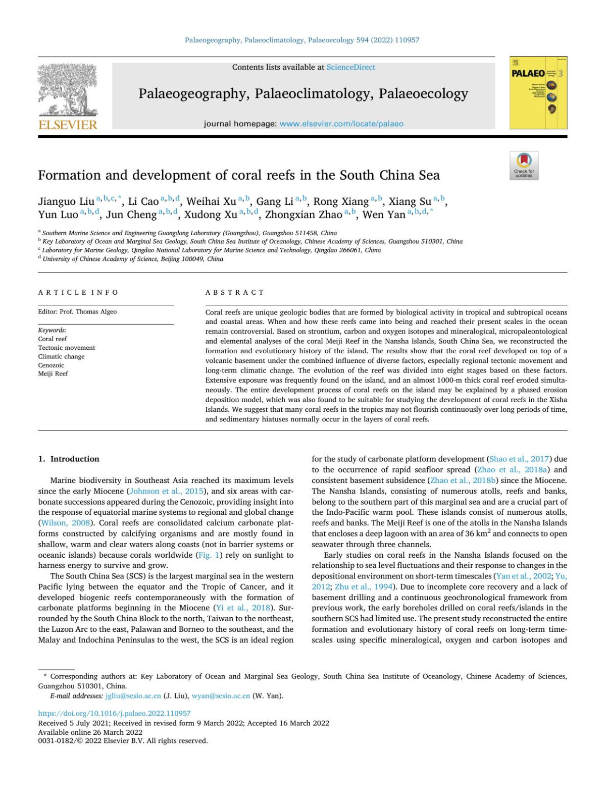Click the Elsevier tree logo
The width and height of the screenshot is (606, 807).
click(x=68, y=96)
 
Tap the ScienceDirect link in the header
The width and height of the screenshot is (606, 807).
click(x=350, y=67)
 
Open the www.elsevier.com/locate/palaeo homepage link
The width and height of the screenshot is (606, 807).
click(x=341, y=124)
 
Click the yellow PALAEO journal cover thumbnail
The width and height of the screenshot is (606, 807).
click(x=538, y=93)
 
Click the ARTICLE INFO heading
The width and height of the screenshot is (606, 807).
click(x=78, y=293)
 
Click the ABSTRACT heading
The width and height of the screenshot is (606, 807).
click(x=235, y=293)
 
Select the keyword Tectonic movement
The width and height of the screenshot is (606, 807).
click(x=67, y=348)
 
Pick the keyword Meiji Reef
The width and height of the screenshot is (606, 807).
click(x=53, y=374)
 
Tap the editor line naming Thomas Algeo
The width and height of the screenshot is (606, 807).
click(x=77, y=312)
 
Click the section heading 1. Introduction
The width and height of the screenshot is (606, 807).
click(x=69, y=459)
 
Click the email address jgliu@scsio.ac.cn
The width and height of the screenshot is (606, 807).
click(x=133, y=696)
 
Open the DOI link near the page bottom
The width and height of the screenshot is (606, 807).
click(x=115, y=714)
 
